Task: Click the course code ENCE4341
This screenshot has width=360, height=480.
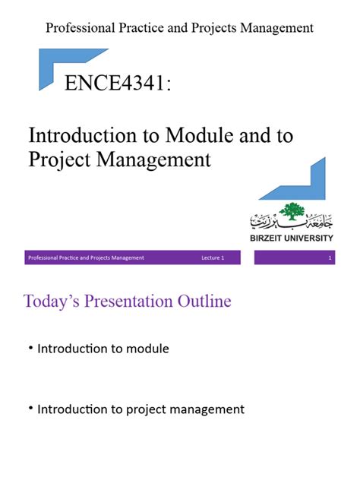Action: click(x=117, y=83)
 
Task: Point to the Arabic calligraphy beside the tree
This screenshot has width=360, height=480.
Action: click(x=266, y=223)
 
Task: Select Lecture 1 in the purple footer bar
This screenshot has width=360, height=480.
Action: click(x=213, y=258)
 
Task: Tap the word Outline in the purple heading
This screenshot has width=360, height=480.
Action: click(x=204, y=302)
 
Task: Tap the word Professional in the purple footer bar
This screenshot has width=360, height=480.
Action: click(x=43, y=258)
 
